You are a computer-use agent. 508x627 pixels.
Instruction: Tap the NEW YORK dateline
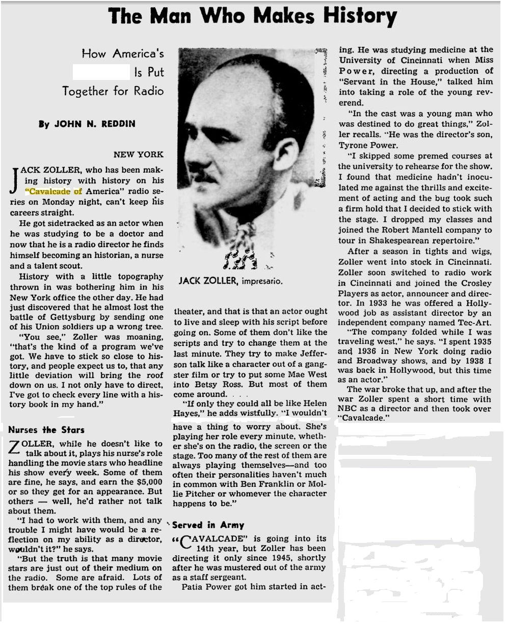[139, 154]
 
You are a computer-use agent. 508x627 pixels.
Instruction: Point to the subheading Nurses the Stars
[47, 429]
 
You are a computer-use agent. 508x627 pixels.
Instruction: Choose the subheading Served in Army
[208, 525]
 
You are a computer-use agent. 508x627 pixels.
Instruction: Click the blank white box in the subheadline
[101, 72]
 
